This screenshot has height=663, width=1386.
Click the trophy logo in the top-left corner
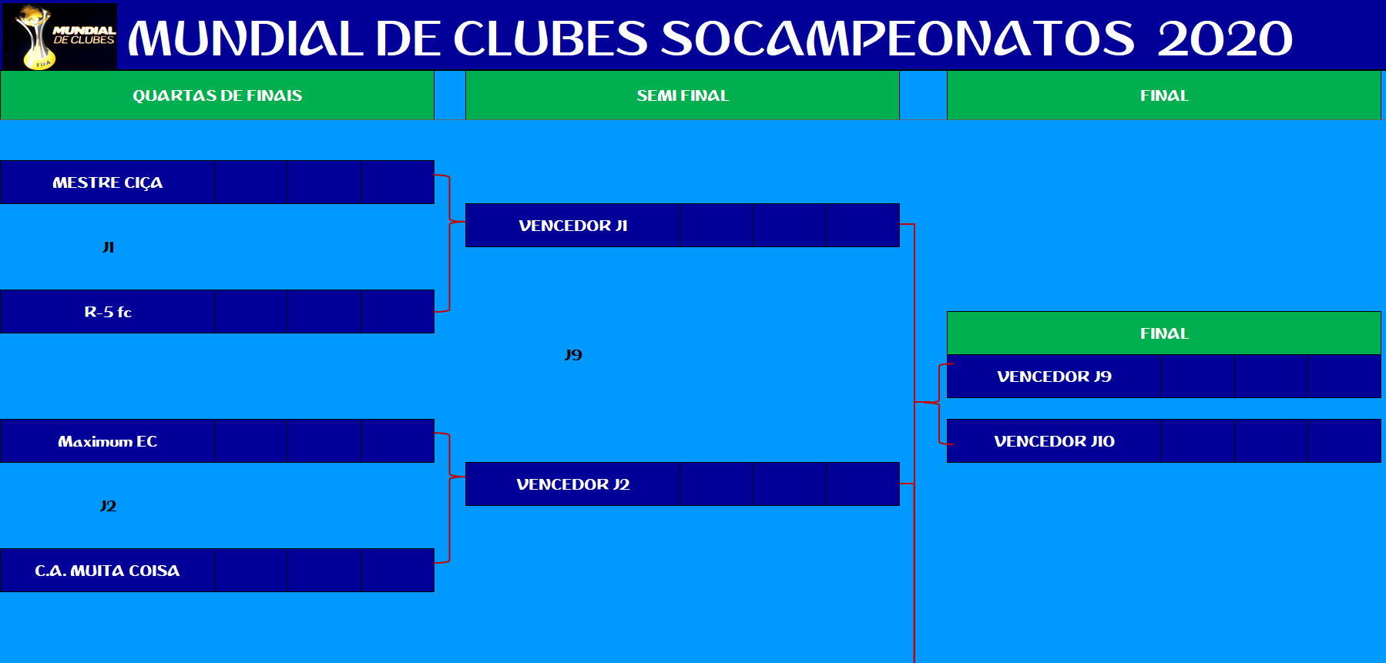tap(60, 36)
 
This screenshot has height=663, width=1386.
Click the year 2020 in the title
tap(1224, 39)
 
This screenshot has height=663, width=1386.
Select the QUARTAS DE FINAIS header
tap(217, 95)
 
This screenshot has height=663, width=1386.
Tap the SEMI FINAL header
tap(683, 95)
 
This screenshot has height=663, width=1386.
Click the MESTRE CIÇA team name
tap(108, 182)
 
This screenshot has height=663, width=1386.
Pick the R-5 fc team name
tap(108, 312)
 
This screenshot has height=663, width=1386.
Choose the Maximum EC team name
tap(108, 441)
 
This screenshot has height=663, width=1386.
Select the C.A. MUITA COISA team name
tap(107, 571)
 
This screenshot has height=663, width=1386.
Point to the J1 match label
tap(108, 247)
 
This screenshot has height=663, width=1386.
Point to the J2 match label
tap(108, 506)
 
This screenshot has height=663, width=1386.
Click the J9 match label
tap(573, 355)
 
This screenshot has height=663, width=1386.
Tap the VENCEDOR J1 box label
tap(573, 226)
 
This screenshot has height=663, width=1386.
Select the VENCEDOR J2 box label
tap(573, 484)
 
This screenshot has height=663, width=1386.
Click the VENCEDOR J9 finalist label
tap(1054, 377)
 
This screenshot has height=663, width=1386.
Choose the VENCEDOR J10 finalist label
tap(1054, 441)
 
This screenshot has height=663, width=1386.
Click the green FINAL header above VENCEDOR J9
tap(1164, 333)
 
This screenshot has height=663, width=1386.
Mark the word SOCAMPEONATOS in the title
tap(898, 39)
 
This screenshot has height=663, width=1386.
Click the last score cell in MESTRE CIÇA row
tap(398, 182)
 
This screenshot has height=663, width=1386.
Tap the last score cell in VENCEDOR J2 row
tap(863, 484)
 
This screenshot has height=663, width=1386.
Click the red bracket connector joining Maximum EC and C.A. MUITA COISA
tap(449, 498)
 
